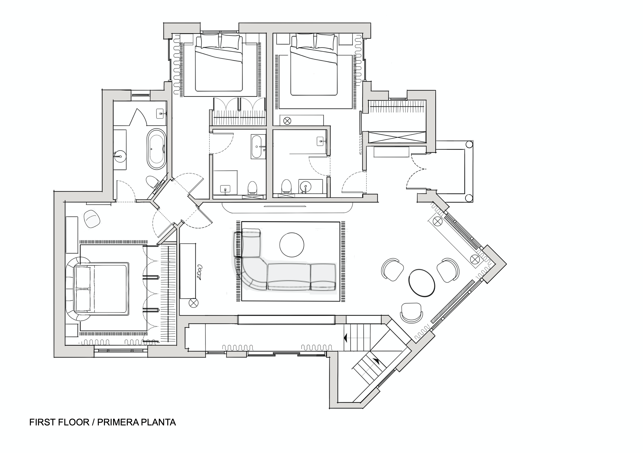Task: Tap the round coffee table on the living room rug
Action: (291, 245)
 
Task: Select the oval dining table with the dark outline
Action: (422, 283)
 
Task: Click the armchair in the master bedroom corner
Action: (92, 219)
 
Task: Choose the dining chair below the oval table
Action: (411, 313)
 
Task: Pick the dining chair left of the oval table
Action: (392, 269)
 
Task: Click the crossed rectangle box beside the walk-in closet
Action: (397, 138)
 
